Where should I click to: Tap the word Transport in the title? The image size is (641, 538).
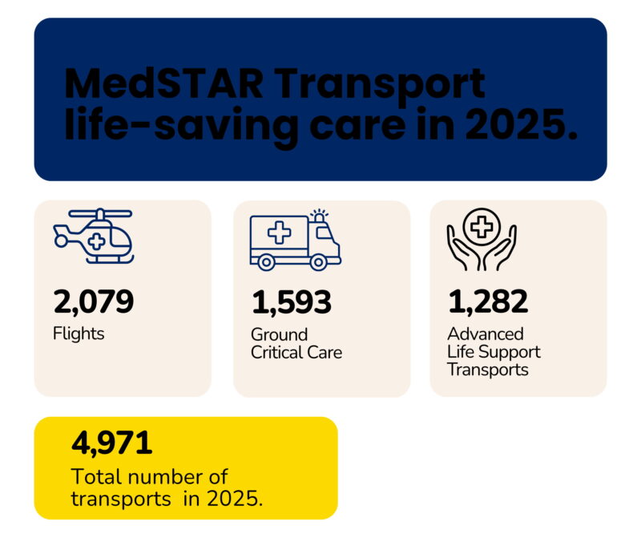390,84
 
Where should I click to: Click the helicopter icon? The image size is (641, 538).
93,236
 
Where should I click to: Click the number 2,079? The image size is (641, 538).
94,302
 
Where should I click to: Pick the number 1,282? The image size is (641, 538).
488,302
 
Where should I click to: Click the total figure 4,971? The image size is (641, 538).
111,443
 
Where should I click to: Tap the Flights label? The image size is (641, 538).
79,333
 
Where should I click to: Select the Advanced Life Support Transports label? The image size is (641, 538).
494,351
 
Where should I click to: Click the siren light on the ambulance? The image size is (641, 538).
320,216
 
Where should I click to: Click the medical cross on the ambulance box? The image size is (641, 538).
279,233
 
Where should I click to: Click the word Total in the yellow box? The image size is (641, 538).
95,476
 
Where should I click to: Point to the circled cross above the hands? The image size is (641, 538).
481,227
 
